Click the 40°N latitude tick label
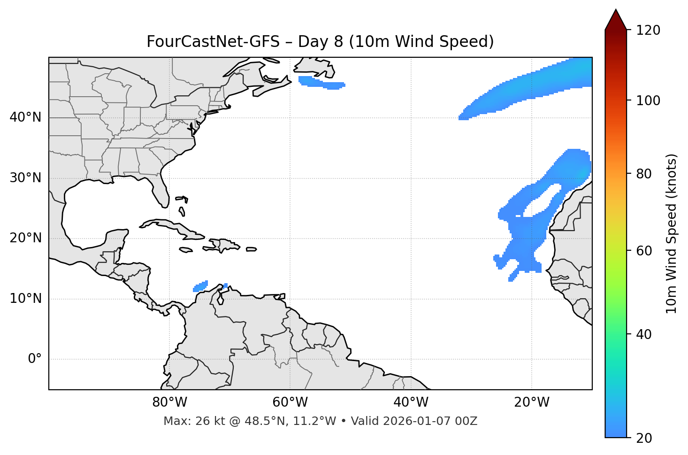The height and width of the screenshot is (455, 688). (x=25, y=117)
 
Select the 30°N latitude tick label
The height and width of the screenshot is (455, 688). (x=25, y=178)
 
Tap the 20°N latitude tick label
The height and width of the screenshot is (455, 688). (x=25, y=238)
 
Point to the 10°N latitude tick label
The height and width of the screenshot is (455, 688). (x=25, y=299)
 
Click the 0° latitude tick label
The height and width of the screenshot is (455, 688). (x=34, y=359)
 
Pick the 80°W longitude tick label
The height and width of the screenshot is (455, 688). (x=169, y=402)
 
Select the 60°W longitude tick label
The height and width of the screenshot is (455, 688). (x=290, y=402)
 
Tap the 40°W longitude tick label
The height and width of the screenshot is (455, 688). (x=411, y=402)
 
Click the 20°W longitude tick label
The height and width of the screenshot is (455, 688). (x=531, y=402)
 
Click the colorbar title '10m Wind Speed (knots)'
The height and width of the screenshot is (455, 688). (x=672, y=233)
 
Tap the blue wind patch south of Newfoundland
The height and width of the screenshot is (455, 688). (x=321, y=83)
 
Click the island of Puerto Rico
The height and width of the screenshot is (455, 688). (x=252, y=249)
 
